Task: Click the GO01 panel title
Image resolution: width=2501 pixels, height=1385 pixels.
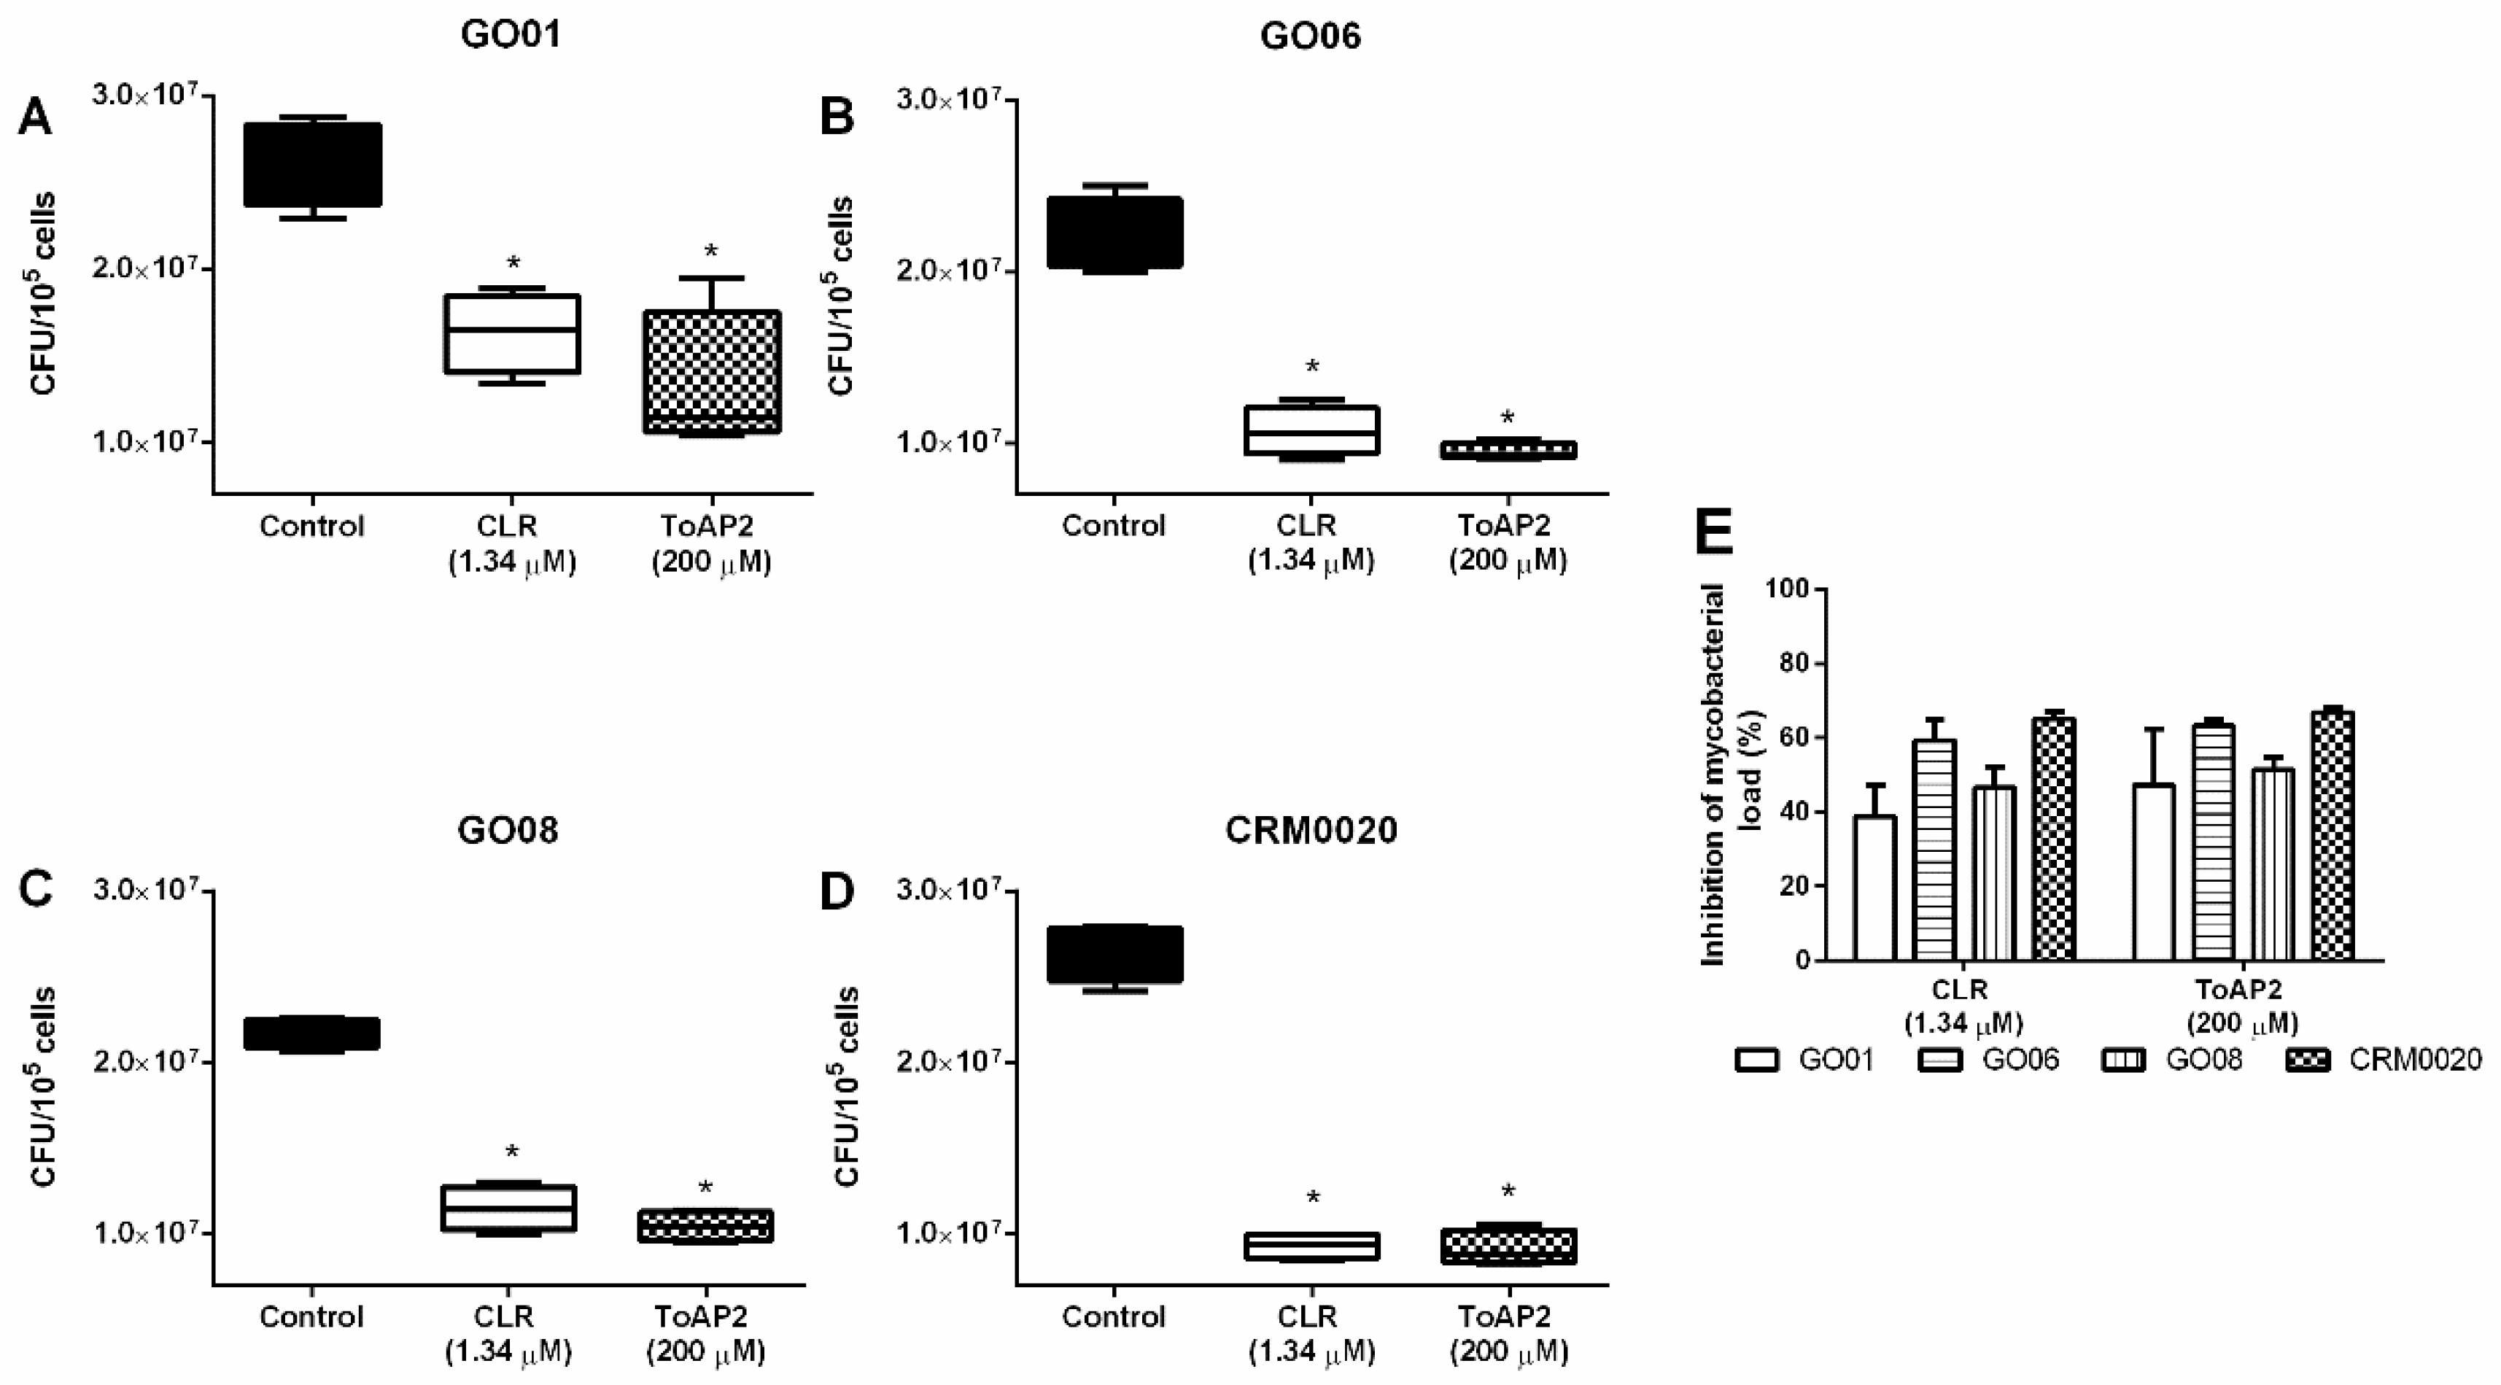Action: coord(510,35)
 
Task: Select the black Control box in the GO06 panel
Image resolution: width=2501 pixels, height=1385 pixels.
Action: coord(1114,232)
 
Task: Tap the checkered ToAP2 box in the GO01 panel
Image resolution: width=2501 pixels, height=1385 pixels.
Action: coord(713,372)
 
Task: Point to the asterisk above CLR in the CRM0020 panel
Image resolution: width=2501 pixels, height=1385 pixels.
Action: coord(1313,1198)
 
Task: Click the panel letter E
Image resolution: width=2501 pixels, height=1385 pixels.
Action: coord(1713,533)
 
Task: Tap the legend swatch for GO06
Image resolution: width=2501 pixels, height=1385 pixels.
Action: coord(1941,1060)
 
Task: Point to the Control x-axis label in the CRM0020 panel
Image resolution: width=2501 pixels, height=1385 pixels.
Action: coord(1114,1317)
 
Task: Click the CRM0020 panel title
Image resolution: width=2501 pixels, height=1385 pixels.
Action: coord(1311,830)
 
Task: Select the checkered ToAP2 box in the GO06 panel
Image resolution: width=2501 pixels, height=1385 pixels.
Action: coord(1507,450)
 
